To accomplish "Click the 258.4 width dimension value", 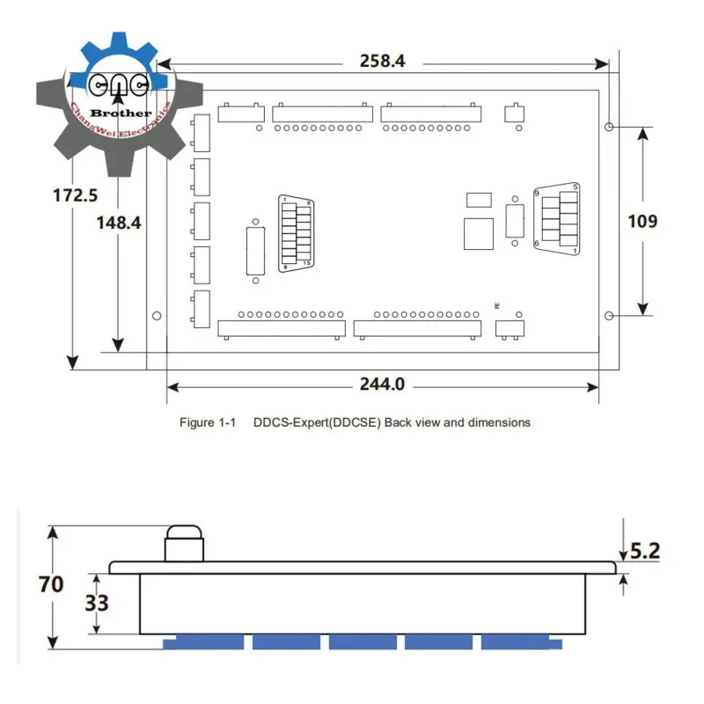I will click(x=383, y=62).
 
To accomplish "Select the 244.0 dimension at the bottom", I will click(x=382, y=385).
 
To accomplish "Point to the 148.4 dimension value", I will click(x=119, y=223).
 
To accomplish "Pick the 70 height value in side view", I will click(x=51, y=583).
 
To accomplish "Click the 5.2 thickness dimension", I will click(x=645, y=551).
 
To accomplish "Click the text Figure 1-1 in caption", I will click(x=209, y=422).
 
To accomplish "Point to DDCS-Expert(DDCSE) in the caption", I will click(x=316, y=422).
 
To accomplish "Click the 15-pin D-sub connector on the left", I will click(x=295, y=233).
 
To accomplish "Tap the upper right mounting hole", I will click(x=609, y=127).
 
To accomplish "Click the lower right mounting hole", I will click(x=609, y=315).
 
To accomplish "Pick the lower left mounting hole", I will click(x=157, y=315).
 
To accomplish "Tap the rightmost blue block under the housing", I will click(x=517, y=642).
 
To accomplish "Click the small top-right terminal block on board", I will click(x=514, y=113).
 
